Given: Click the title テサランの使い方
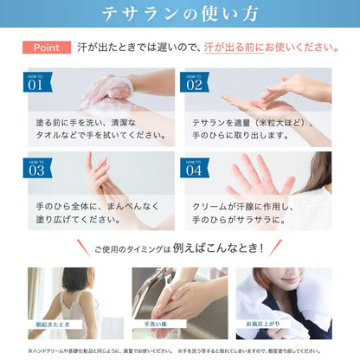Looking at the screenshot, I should pos(179,15).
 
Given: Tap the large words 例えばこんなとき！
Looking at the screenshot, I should pos(216,249).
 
